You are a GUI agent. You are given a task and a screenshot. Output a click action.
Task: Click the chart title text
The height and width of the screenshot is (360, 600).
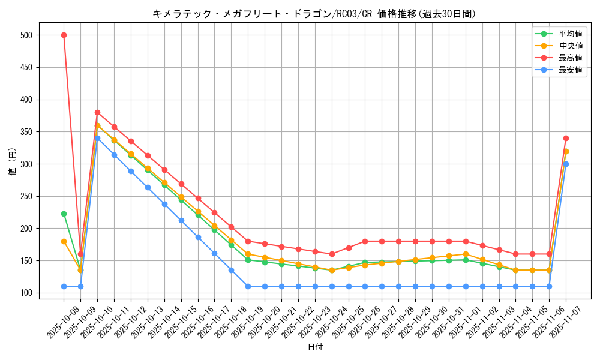pos(314,14)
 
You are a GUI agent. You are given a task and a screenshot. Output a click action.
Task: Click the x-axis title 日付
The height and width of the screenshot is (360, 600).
pos(314,347)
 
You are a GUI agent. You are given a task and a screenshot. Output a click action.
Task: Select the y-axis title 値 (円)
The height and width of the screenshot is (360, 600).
pos(13,164)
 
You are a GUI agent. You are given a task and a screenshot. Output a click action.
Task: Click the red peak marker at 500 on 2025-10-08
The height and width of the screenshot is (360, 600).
pos(64,35)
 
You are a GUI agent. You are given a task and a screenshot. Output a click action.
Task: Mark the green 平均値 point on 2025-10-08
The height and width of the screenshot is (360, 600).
pos(64,214)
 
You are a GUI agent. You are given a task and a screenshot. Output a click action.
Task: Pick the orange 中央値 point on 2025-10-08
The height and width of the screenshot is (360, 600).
pos(64,241)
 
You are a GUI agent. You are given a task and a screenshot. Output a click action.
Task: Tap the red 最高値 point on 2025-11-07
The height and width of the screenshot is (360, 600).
pos(566,138)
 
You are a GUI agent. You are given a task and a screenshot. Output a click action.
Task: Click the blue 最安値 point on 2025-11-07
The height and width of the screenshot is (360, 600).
pos(566,164)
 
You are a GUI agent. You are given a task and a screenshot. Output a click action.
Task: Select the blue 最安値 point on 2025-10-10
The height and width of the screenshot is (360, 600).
pos(97,138)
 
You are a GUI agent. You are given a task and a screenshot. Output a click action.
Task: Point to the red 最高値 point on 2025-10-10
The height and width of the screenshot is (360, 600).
pos(97,112)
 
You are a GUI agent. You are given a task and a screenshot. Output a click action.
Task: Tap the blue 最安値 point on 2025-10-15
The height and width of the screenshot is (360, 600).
pos(181,220)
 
